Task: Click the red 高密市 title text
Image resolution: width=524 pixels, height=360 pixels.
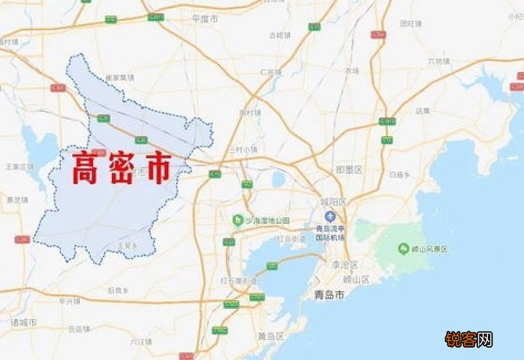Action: pyautogui.click(x=121, y=168)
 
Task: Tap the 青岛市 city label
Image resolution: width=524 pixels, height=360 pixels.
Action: pyautogui.click(x=329, y=295)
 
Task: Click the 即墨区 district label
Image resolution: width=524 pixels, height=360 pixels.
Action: pyautogui.click(x=349, y=170)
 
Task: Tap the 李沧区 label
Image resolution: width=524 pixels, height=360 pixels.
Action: pyautogui.click(x=345, y=265)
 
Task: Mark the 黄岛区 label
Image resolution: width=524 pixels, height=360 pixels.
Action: pyautogui.click(x=271, y=336)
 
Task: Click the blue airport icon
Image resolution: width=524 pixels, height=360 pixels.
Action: pyautogui.click(x=330, y=217)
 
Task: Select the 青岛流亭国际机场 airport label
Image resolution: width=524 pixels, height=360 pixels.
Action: pyautogui.click(x=330, y=234)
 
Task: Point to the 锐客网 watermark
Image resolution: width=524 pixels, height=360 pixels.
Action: pyautogui.click(x=468, y=339)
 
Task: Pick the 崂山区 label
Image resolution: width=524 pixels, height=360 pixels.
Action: pyautogui.click(x=357, y=279)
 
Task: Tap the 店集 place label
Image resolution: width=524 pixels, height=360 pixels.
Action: pyautogui.click(x=423, y=111)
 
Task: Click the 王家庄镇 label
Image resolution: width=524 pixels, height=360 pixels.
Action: pyautogui.click(x=19, y=166)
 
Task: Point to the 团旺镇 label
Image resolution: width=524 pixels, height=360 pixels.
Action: pyautogui.click(x=410, y=24)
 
